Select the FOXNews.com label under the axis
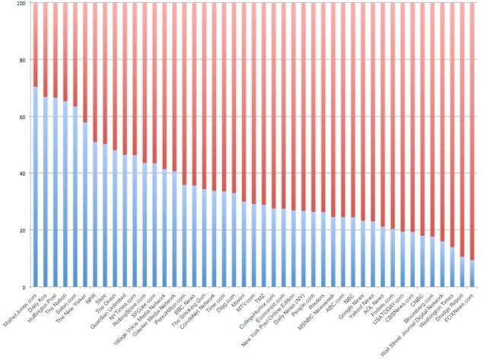(x=460, y=304)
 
